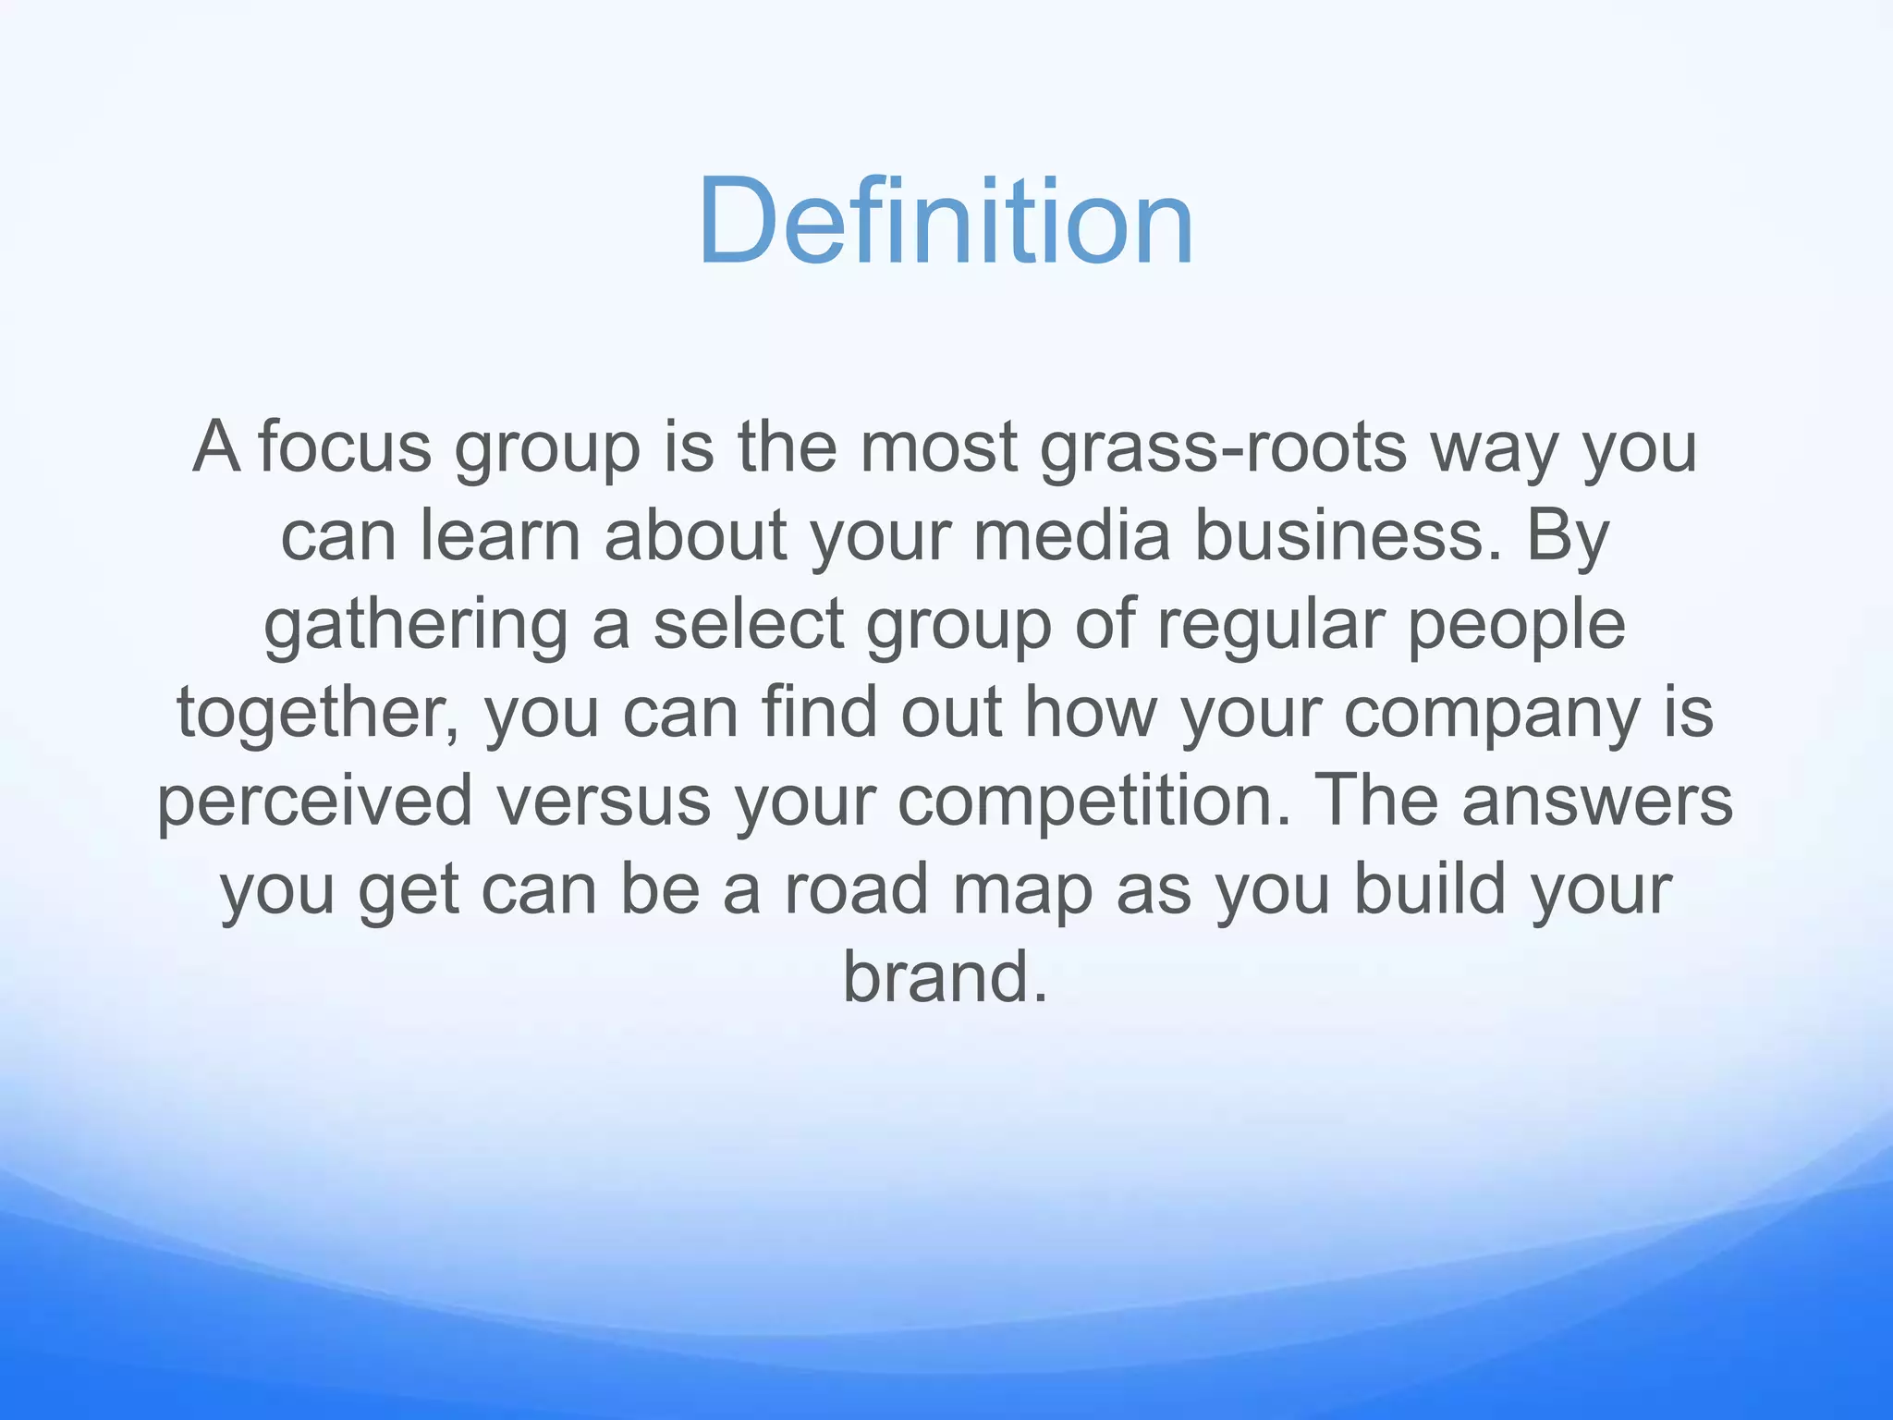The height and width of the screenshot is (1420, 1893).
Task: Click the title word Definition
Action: [x=946, y=223]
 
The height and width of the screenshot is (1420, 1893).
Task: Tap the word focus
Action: [x=345, y=447]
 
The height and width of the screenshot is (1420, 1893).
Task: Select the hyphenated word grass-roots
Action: [x=1223, y=447]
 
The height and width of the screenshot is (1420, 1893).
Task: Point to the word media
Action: [x=1072, y=536]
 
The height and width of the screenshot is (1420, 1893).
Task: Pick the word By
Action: [x=1568, y=536]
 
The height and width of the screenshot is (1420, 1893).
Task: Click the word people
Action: [x=1516, y=625]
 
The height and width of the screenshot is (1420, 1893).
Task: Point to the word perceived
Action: [x=314, y=801]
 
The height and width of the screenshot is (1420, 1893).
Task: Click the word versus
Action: [x=604, y=801]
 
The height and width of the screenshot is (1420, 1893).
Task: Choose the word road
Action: [x=856, y=889]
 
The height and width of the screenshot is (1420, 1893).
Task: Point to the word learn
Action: [x=500, y=536]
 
